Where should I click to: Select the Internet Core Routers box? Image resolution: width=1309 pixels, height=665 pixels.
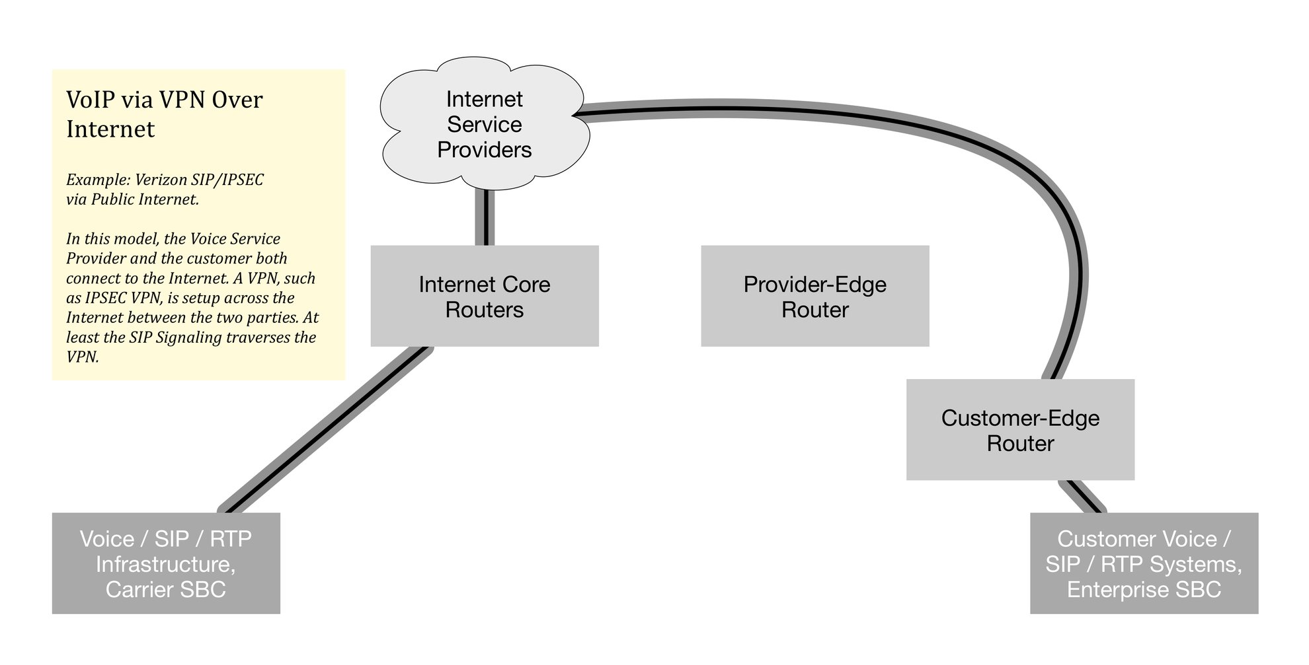(484, 297)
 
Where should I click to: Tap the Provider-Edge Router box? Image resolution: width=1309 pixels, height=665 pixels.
(814, 297)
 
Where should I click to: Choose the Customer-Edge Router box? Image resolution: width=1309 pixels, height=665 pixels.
(1019, 430)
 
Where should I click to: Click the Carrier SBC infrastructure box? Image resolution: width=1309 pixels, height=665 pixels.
(165, 563)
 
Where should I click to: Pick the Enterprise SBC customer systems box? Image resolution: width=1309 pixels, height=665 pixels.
(1144, 563)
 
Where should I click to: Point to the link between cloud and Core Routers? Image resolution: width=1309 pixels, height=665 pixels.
(485, 218)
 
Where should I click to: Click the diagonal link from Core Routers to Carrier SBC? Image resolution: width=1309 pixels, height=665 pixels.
(324, 430)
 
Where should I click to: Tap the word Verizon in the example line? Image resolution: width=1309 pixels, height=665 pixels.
(159, 180)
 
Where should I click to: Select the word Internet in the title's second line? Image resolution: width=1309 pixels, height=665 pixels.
(110, 129)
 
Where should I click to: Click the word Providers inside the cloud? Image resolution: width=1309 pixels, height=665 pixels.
(484, 150)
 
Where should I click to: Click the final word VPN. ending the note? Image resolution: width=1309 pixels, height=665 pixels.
(82, 357)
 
